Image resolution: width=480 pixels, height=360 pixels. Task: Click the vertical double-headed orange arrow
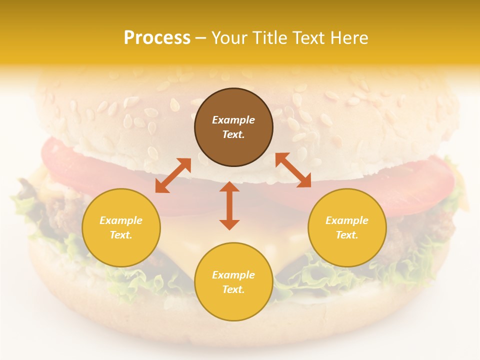click(x=229, y=205)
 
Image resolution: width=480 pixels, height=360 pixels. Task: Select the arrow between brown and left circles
click(x=173, y=175)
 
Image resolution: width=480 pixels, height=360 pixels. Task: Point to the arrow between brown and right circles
click(x=293, y=170)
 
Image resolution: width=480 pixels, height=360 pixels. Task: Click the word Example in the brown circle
click(x=233, y=120)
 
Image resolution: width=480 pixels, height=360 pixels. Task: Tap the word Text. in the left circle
click(x=121, y=235)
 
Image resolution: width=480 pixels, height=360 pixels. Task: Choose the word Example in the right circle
click(x=347, y=220)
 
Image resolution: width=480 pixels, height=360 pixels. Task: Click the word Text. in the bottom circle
click(x=233, y=289)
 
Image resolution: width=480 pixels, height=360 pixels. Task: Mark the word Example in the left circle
click(x=121, y=220)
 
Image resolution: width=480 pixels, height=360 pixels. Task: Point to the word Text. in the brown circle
click(x=233, y=134)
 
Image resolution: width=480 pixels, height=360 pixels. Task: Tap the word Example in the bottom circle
click(x=233, y=275)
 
